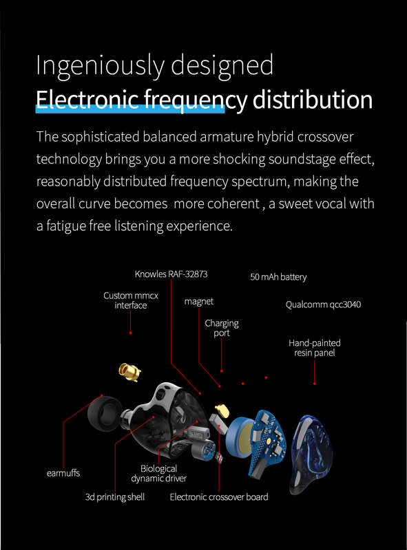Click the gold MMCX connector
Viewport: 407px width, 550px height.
(x=129, y=372)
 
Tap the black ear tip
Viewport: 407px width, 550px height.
(x=104, y=415)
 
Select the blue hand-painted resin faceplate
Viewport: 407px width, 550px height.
(x=311, y=453)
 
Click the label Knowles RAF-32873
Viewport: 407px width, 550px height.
(x=171, y=274)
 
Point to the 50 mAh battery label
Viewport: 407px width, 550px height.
(x=278, y=277)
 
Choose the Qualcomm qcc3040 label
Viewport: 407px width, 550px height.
(x=323, y=305)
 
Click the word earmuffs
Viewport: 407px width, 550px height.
(x=63, y=473)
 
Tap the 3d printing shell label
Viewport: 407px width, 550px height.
(x=115, y=497)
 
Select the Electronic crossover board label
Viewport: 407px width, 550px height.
(x=219, y=497)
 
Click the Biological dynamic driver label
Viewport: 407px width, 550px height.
(x=159, y=474)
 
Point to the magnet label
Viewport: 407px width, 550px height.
(x=199, y=301)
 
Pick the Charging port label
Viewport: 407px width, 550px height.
(x=222, y=328)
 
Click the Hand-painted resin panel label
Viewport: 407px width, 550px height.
(x=315, y=348)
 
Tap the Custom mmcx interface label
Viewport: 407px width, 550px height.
(x=131, y=300)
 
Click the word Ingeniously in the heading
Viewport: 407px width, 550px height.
(x=100, y=65)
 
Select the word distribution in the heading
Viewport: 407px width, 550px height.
(x=313, y=100)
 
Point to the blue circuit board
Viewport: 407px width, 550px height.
(x=267, y=443)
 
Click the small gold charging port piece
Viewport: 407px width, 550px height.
(x=222, y=410)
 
